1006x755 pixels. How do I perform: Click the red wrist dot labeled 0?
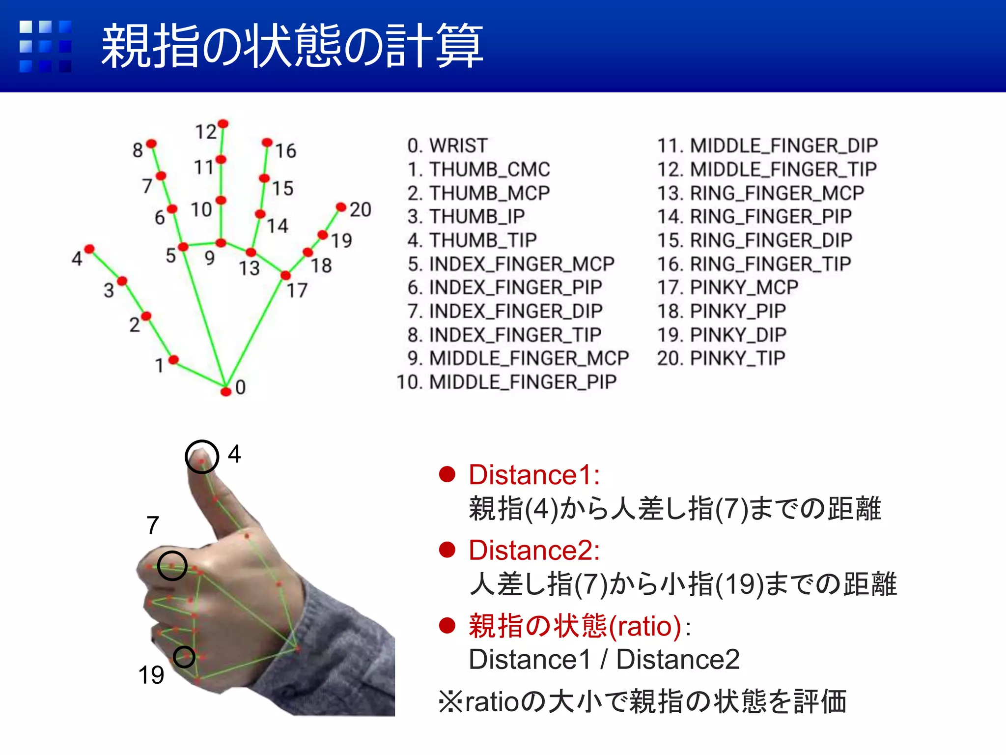click(225, 391)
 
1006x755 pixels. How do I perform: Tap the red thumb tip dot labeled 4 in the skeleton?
click(89, 249)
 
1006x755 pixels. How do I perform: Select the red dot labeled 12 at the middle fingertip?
click(223, 123)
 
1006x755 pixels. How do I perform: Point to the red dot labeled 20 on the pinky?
click(341, 207)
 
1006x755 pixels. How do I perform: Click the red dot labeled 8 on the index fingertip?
click(151, 144)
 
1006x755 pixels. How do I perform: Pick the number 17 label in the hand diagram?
click(297, 290)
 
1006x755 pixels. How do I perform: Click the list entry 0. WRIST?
click(447, 145)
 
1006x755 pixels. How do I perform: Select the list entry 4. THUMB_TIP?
click(472, 240)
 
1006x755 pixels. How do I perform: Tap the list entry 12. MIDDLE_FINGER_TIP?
click(767, 170)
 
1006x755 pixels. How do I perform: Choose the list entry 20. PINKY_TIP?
click(721, 358)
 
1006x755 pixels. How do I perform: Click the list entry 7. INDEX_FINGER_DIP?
click(504, 311)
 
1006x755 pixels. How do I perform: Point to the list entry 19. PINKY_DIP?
click(722, 335)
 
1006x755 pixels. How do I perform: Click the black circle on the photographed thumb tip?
click(202, 457)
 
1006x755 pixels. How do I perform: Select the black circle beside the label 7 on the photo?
click(172, 565)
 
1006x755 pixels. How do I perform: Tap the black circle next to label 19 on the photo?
click(184, 657)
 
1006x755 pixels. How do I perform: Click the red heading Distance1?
click(534, 475)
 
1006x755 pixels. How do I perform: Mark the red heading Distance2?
click(534, 550)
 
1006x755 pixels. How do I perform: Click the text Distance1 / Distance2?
click(604, 659)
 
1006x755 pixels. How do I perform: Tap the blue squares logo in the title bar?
click(45, 46)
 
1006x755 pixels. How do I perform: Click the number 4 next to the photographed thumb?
click(234, 454)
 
